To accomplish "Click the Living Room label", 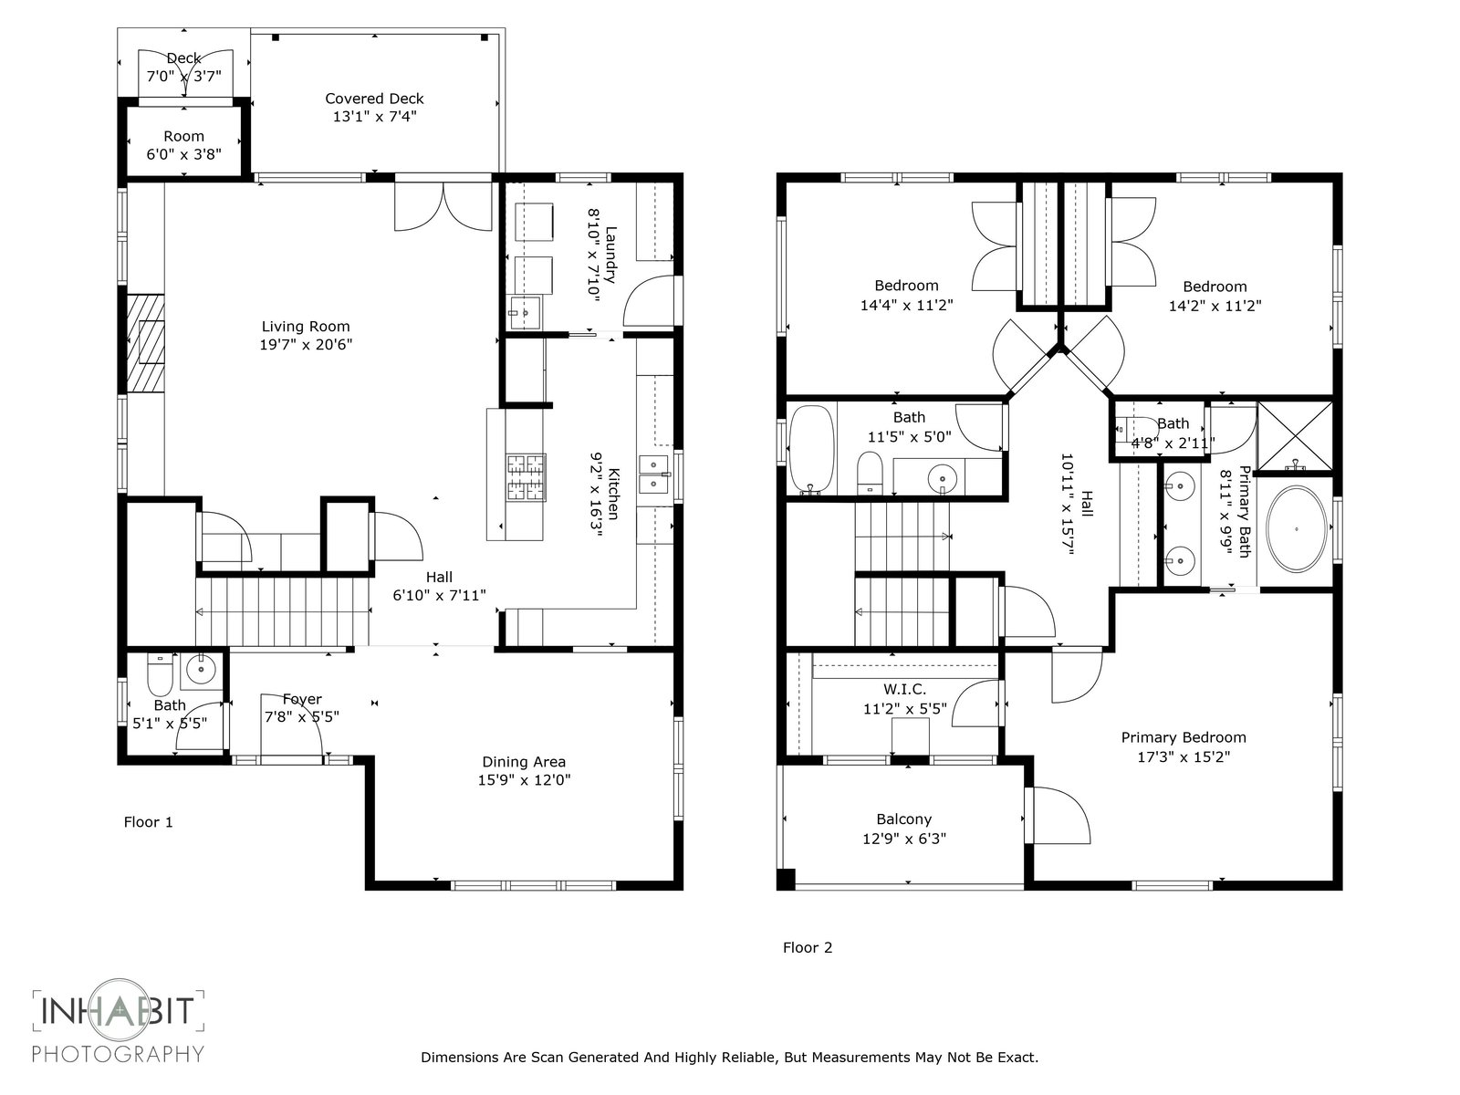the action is click(x=306, y=327).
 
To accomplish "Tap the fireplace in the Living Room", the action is click(x=146, y=343).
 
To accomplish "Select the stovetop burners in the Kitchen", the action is click(x=527, y=476).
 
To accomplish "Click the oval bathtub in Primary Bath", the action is click(x=1297, y=529).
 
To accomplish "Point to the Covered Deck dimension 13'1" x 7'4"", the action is click(x=374, y=117).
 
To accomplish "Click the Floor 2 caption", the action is click(x=808, y=948).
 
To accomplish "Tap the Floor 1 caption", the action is click(x=149, y=822).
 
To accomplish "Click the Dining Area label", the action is click(x=524, y=762).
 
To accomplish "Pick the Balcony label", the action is click(x=904, y=819).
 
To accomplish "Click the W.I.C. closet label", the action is click(x=904, y=690).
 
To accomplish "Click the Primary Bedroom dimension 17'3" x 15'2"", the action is click(x=1184, y=756).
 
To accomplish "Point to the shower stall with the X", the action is click(x=1295, y=436).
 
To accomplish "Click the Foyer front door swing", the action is click(x=291, y=725).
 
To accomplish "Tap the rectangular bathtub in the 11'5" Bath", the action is click(x=811, y=450).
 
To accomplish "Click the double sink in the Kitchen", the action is click(x=654, y=474).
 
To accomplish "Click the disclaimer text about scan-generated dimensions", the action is click(x=730, y=1057).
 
